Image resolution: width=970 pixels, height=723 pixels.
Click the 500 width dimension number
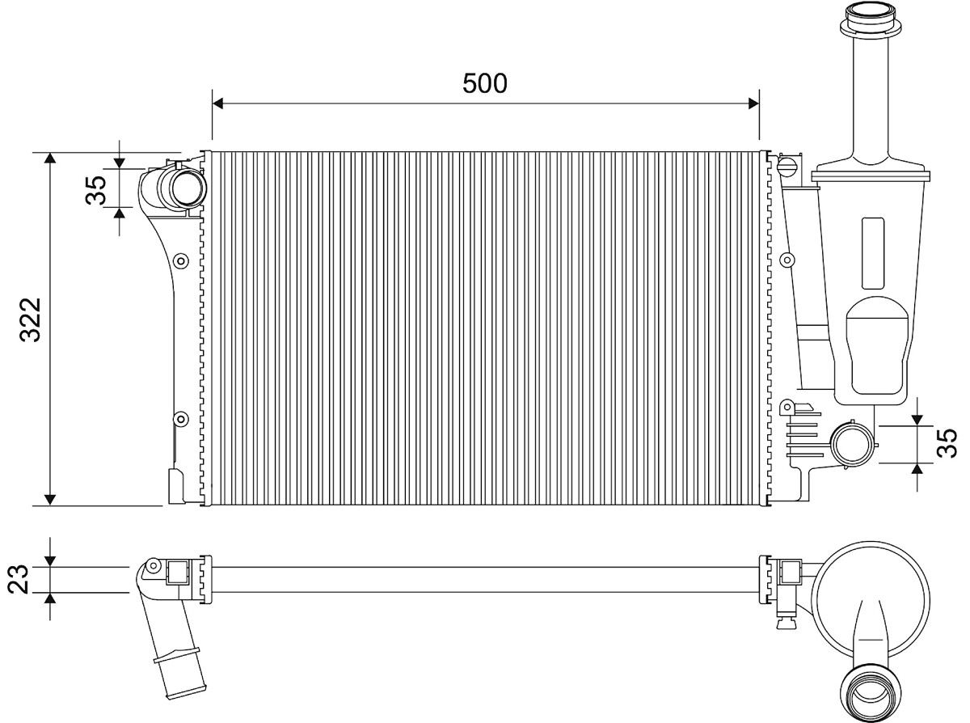484,83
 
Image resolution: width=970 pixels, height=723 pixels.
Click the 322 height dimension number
30,320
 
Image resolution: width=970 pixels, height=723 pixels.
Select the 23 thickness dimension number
19,579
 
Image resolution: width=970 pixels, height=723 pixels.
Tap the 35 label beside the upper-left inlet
95,190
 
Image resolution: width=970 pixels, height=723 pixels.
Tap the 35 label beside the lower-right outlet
947,443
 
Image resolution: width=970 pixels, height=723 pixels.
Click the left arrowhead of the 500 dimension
217,104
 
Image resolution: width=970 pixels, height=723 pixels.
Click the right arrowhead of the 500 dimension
753,104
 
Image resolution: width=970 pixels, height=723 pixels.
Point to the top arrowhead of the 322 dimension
50,158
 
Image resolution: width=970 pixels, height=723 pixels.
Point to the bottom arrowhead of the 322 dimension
50,499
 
